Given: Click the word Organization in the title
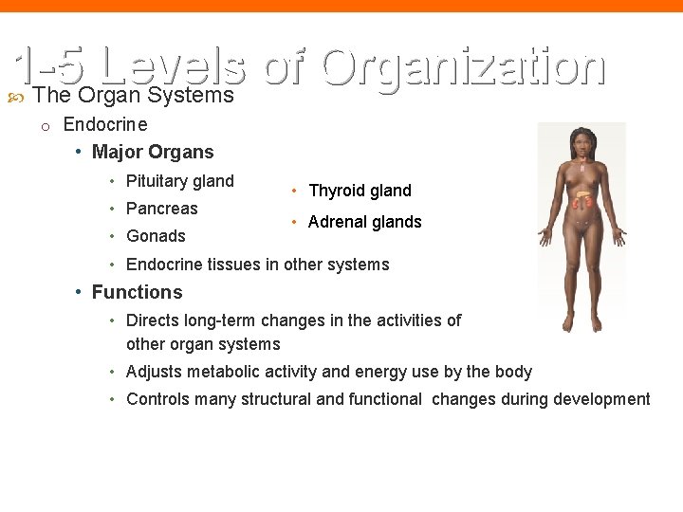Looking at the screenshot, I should (x=463, y=68).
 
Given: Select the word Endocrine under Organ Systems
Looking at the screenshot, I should (x=105, y=124).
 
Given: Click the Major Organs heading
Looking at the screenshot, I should (x=153, y=152).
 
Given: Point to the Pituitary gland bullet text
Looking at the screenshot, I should (x=179, y=180).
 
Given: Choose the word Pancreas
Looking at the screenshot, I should (x=161, y=208).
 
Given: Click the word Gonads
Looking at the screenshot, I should (x=156, y=235).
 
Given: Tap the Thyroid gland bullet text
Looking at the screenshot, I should (x=360, y=191).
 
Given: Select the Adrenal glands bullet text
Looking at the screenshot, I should (x=364, y=222).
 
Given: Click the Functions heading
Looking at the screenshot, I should (x=137, y=292).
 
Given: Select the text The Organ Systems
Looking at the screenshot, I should (x=133, y=96).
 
